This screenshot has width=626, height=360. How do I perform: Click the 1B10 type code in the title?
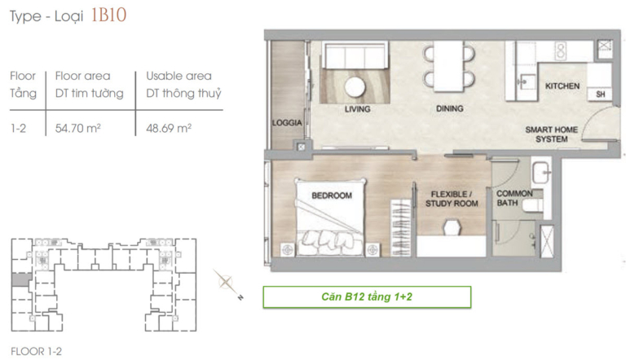108,15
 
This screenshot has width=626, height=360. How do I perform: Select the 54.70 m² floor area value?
78,128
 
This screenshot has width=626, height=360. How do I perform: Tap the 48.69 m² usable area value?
169,128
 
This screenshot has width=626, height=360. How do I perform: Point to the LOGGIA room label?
287,123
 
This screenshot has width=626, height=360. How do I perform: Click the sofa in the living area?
355,55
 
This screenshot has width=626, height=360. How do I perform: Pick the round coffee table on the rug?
355,86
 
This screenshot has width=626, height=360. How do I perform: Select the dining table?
449,66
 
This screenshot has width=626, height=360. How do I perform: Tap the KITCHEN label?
562,86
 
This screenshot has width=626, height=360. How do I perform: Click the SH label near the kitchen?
600,94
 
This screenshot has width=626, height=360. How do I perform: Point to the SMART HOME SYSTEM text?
551,134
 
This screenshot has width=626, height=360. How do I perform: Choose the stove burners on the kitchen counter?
561,50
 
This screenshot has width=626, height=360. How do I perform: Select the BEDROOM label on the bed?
332,195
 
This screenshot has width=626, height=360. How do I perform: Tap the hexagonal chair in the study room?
452,227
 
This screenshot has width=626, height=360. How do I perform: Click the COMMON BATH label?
514,198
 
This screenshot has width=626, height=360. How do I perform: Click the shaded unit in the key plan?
21,279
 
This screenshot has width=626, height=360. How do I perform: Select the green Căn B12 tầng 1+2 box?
367,297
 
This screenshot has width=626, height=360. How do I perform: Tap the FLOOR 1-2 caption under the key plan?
37,352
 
